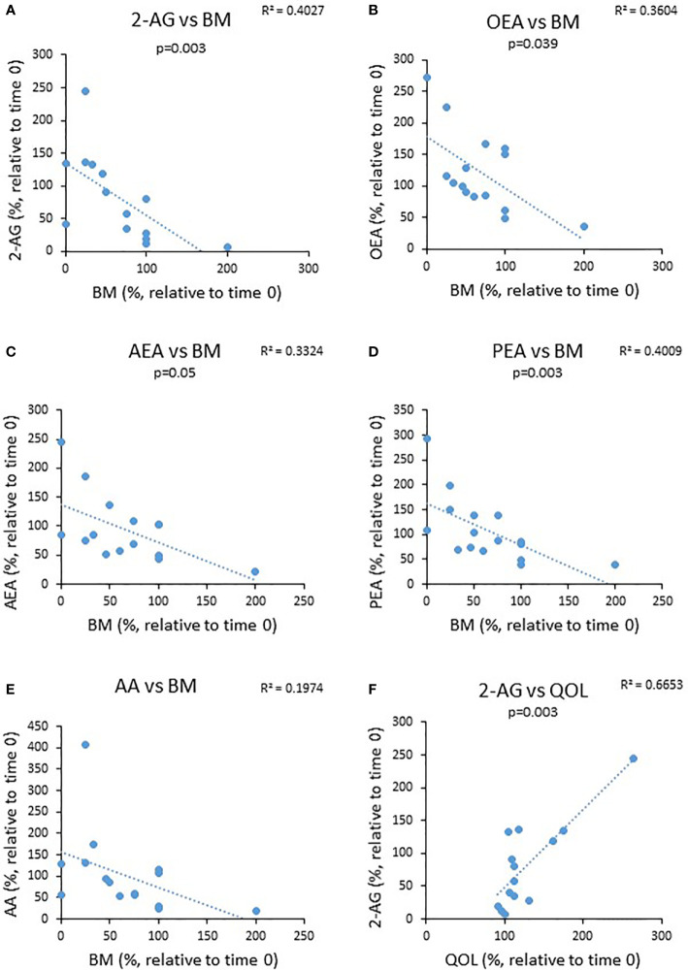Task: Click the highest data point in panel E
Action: coord(85,745)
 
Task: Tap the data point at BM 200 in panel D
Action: coord(614,565)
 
